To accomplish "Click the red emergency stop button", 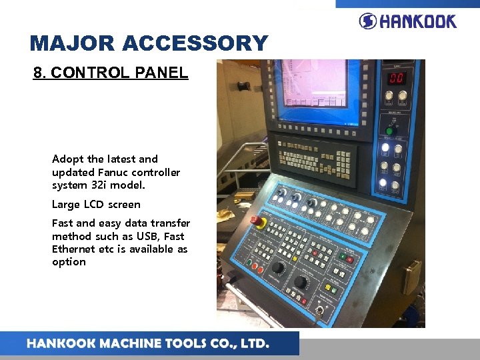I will (x=256, y=221).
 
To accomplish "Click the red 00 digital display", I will (x=397, y=79).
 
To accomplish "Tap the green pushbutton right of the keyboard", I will (x=343, y=255).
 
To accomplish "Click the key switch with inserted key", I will (x=321, y=311).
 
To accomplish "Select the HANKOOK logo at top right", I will (x=407, y=21).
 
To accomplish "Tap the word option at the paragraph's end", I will (x=69, y=262).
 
